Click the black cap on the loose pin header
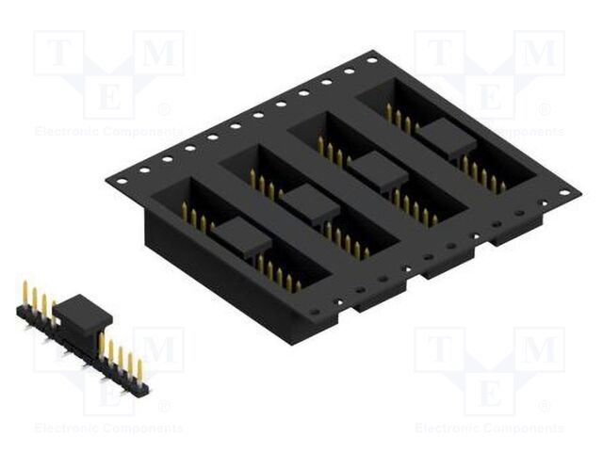[x=83, y=314]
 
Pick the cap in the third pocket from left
[x=379, y=170]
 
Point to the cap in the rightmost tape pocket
[x=444, y=139]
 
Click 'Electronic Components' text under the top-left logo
[x=108, y=132]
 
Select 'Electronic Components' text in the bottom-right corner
[x=489, y=428]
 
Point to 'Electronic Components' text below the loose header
[x=108, y=428]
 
